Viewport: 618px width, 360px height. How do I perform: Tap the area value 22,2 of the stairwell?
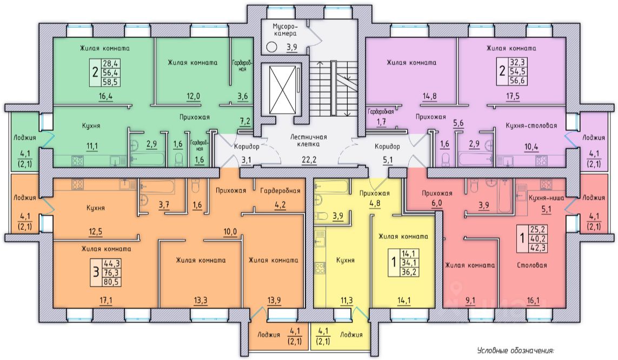[308, 159]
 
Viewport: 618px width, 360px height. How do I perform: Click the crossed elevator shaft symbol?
[281, 89]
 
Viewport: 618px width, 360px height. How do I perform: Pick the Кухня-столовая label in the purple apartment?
[531, 125]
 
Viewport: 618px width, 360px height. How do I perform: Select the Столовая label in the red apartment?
[532, 265]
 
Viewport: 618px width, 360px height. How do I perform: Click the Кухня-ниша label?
[546, 198]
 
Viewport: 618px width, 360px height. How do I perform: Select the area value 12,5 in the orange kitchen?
[95, 232]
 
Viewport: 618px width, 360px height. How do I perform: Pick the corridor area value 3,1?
[247, 159]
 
